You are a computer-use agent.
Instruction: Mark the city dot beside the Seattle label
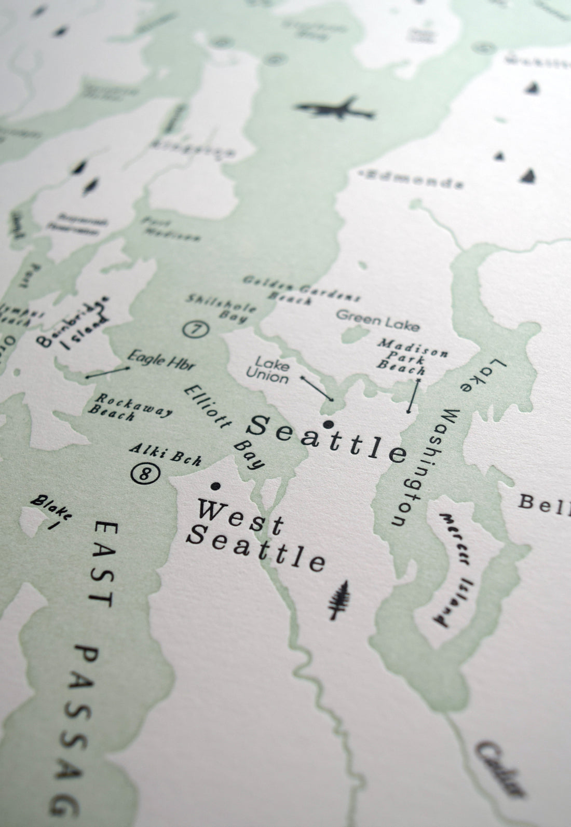click(x=328, y=424)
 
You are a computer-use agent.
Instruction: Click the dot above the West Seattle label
click(x=214, y=486)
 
